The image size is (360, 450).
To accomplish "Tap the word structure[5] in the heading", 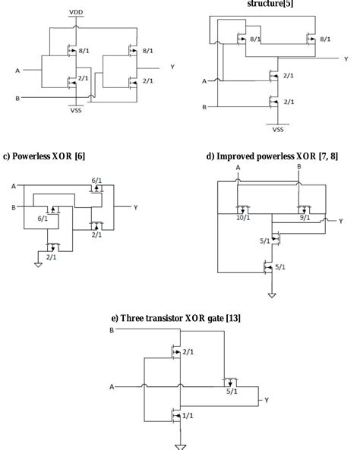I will [270, 4].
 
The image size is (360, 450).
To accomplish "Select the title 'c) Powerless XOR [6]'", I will [44, 156].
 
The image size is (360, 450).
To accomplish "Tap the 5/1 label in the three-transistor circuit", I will [232, 392].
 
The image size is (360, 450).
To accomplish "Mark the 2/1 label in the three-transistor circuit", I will [188, 352].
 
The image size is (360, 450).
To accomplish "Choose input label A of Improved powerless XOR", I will [238, 167].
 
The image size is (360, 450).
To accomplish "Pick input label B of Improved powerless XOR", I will [298, 166].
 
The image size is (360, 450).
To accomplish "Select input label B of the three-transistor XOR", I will [113, 331].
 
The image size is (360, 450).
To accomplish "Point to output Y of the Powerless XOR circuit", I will [135, 206].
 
